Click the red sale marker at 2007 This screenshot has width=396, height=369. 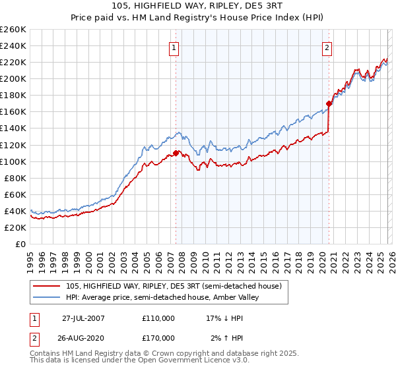[176, 153]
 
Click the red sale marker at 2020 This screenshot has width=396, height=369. [328, 103]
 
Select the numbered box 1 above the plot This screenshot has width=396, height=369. [174, 47]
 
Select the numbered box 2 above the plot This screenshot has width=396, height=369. [327, 47]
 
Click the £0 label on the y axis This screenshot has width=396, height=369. [19, 244]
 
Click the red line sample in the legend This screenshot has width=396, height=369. [47, 286]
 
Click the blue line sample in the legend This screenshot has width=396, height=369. [47, 297]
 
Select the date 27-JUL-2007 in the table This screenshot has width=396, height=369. [83, 318]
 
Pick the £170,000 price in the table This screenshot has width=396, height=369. [158, 337]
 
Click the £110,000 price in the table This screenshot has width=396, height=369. [158, 318]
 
